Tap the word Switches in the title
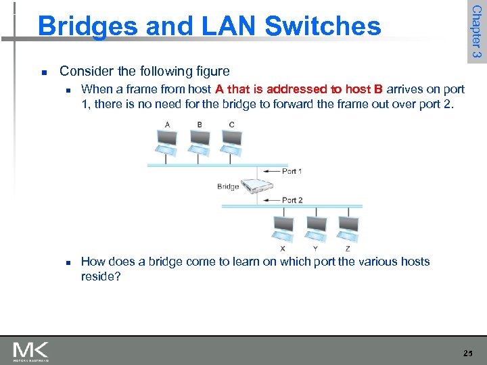tap(323, 26)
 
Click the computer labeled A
tap(166, 140)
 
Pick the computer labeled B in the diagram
tap(200, 140)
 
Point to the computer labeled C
tap(232, 140)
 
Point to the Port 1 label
tap(292, 171)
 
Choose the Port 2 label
tap(292, 200)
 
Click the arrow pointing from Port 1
tap(271, 172)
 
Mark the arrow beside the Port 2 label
tap(271, 201)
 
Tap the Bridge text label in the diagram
tap(228, 187)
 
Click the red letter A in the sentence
tap(219, 89)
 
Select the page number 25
tap(467, 353)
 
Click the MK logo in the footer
tap(31, 351)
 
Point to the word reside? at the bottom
tap(101, 276)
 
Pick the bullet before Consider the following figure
tap(43, 72)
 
